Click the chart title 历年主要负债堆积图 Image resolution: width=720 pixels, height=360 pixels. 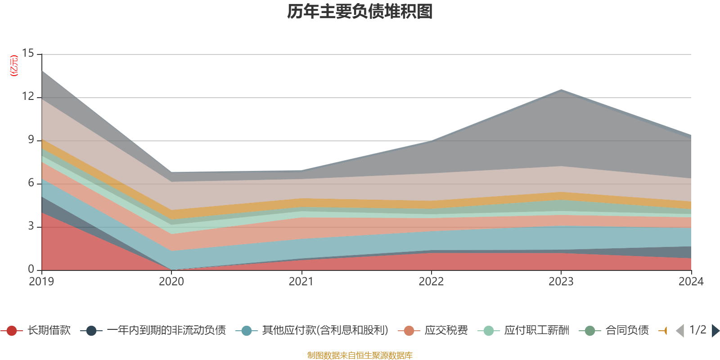tap(360, 12)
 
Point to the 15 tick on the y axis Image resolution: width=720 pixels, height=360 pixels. tap(28, 54)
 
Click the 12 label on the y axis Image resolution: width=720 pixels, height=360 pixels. tap(28, 97)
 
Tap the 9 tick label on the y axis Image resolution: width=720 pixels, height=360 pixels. tap(31, 140)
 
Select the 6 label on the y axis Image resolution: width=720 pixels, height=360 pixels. tap(31, 183)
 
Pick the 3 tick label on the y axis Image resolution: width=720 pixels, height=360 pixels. tap(31, 226)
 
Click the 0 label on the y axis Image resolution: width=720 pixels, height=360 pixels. tap(31, 270)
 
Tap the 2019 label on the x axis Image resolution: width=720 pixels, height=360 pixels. tap(41, 282)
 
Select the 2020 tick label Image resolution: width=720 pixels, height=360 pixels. tap(171, 282)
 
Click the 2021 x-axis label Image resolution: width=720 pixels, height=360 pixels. tap(301, 282)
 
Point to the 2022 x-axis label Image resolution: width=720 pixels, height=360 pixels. tap(431, 282)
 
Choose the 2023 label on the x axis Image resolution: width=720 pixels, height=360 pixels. tap(561, 282)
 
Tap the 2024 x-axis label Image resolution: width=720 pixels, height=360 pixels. tap(691, 282)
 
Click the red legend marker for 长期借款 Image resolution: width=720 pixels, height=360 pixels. tap(12, 331)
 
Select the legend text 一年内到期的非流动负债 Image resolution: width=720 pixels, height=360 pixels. tap(166, 331)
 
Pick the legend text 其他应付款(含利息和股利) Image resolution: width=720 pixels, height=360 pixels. tap(325, 331)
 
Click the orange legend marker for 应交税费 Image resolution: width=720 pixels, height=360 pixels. tap(409, 331)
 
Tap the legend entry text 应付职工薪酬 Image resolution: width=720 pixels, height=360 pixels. tap(536, 331)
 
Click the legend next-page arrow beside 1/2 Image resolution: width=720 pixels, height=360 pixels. tap(715, 331)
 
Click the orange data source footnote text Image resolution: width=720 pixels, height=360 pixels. tap(360, 355)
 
